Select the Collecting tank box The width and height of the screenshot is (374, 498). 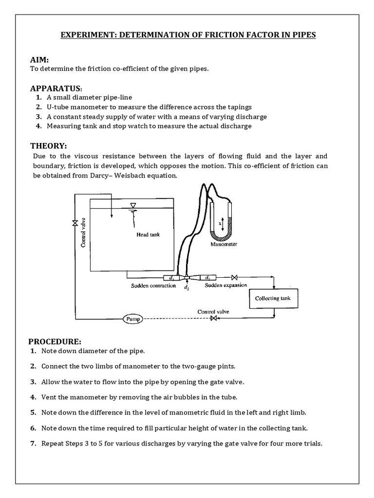tap(273, 299)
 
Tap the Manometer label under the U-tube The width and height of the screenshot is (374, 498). tap(224, 244)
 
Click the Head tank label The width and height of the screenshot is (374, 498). tap(148, 234)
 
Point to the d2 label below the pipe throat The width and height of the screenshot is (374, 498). tap(187, 287)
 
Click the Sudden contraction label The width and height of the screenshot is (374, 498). tap(153, 285)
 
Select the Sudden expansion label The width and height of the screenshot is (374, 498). tap(225, 285)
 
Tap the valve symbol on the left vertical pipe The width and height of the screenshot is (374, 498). tap(75, 223)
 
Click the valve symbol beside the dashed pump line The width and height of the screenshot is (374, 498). tap(213, 319)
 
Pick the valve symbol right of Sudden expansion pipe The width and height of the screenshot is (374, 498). tap(234, 278)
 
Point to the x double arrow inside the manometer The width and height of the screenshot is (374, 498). tap(222, 224)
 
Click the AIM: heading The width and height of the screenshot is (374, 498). tap(39, 59)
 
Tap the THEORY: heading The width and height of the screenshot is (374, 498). tap(48, 146)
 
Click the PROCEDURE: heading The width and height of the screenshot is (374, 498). tap(55, 341)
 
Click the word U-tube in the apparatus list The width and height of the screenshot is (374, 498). tap(57, 107)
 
